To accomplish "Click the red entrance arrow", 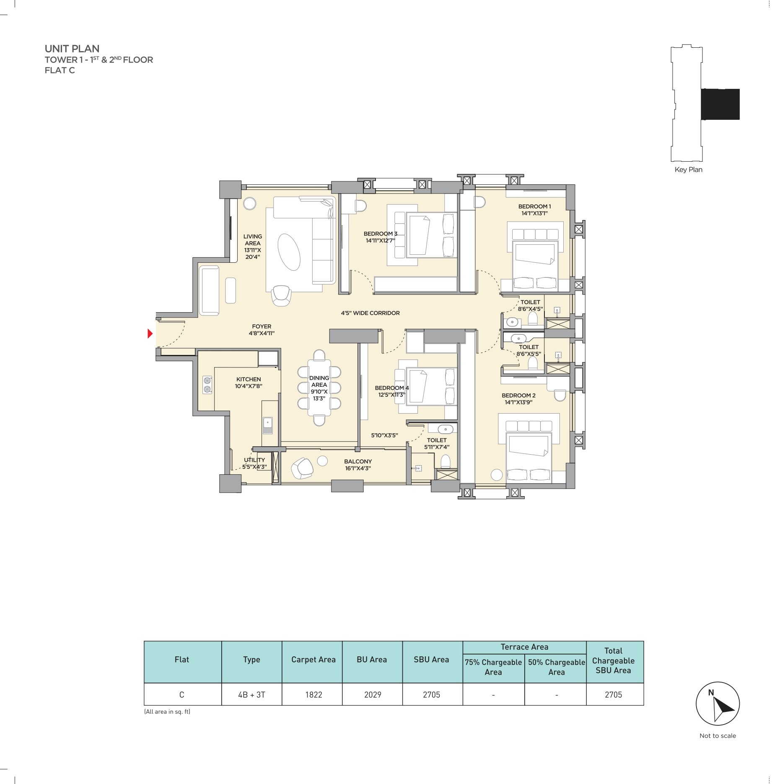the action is pos(149,334).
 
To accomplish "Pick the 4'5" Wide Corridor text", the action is pos(370,313).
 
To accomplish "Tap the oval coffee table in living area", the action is pos(289,253).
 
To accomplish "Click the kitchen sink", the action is pos(267,425).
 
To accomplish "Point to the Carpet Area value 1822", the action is pos(313,695).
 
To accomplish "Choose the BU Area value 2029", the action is pos(373,695).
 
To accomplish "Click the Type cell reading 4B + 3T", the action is pos(251,695).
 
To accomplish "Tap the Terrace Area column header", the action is pos(524,647).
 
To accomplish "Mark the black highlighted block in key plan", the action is pos(720,104).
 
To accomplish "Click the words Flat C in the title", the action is pos(60,70).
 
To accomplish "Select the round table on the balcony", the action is pos(322,461).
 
